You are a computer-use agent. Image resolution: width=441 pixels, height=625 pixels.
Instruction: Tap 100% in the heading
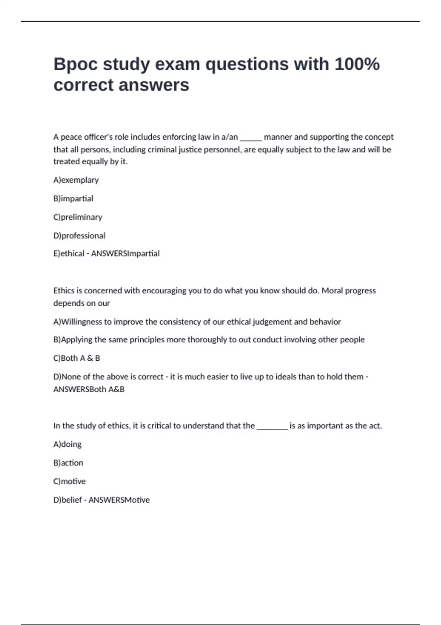357,64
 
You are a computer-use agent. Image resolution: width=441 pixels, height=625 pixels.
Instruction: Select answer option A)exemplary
76,180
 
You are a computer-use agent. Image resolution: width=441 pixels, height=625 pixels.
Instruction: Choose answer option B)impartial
73,199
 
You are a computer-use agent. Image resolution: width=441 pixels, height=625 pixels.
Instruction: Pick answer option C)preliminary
78,217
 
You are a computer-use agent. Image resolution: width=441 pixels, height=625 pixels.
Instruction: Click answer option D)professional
79,236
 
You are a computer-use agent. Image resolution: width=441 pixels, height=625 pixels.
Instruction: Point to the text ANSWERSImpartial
125,254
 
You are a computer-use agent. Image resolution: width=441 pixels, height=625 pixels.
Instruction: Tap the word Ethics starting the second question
64,291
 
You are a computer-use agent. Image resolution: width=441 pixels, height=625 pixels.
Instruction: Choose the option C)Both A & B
77,358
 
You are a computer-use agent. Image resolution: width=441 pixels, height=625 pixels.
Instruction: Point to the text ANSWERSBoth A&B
89,389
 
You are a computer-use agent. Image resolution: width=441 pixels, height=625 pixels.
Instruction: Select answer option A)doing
68,444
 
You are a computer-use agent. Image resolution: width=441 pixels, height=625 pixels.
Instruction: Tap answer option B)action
68,463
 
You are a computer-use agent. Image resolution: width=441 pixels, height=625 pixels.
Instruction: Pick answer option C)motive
69,482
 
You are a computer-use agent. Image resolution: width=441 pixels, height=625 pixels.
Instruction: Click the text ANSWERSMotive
119,500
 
